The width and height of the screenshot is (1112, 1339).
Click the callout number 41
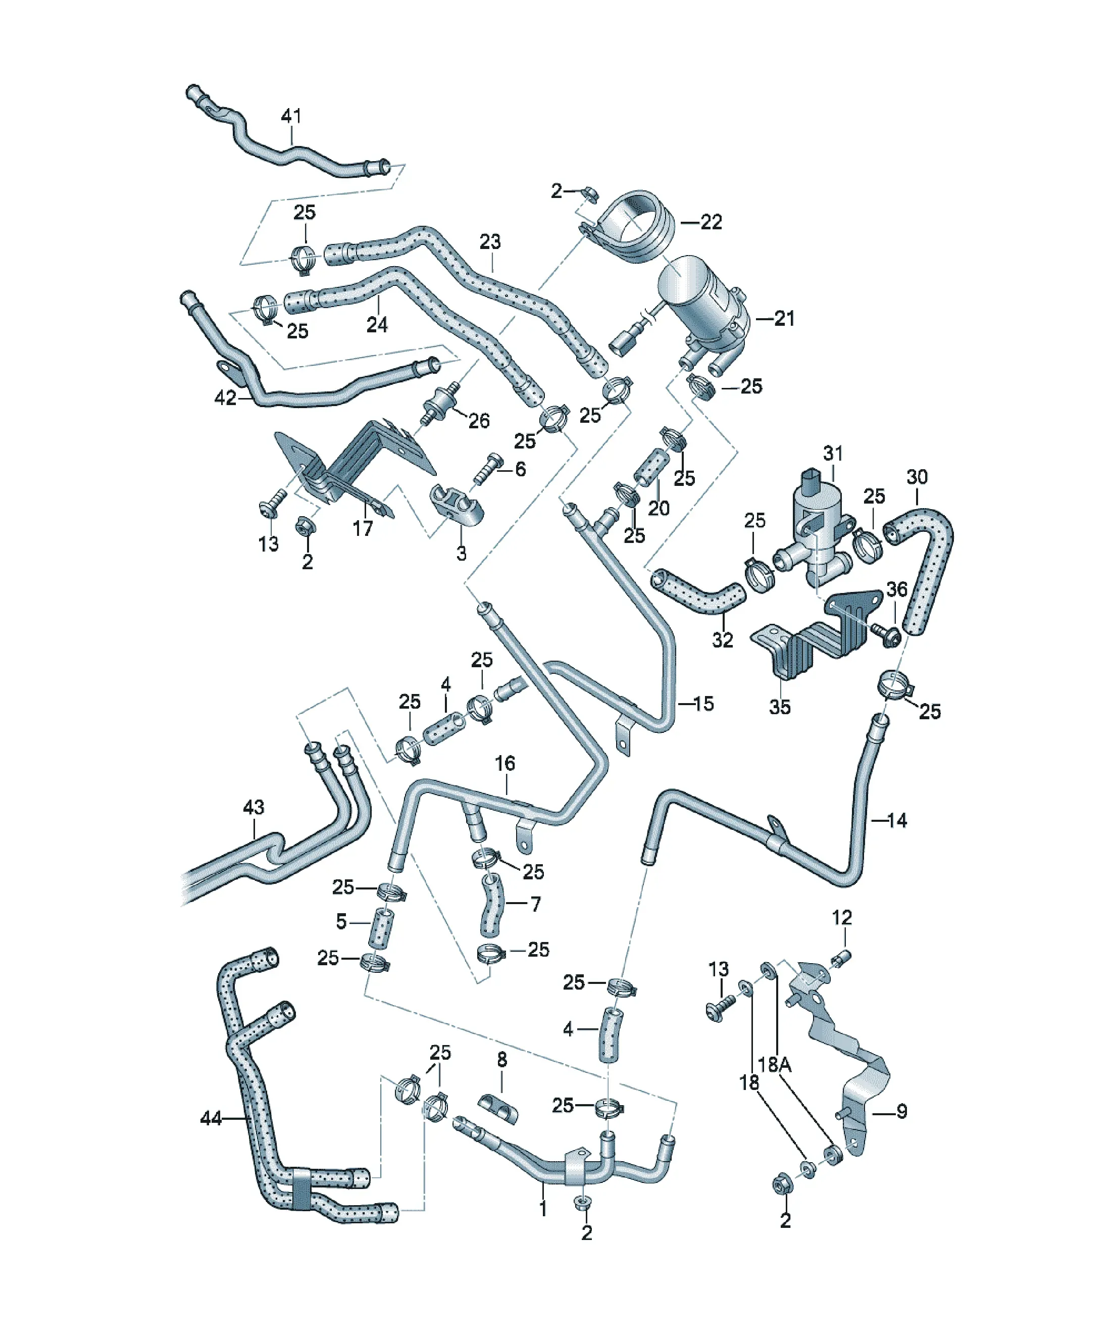click(x=291, y=116)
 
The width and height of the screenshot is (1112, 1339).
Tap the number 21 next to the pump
click(x=784, y=318)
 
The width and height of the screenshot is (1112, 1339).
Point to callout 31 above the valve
click(x=833, y=454)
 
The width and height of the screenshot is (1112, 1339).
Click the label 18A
click(x=775, y=1064)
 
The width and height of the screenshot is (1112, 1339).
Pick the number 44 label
click(x=211, y=1118)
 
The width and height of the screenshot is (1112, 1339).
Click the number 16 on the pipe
click(x=505, y=763)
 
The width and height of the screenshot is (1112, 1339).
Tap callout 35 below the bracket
click(x=780, y=707)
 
